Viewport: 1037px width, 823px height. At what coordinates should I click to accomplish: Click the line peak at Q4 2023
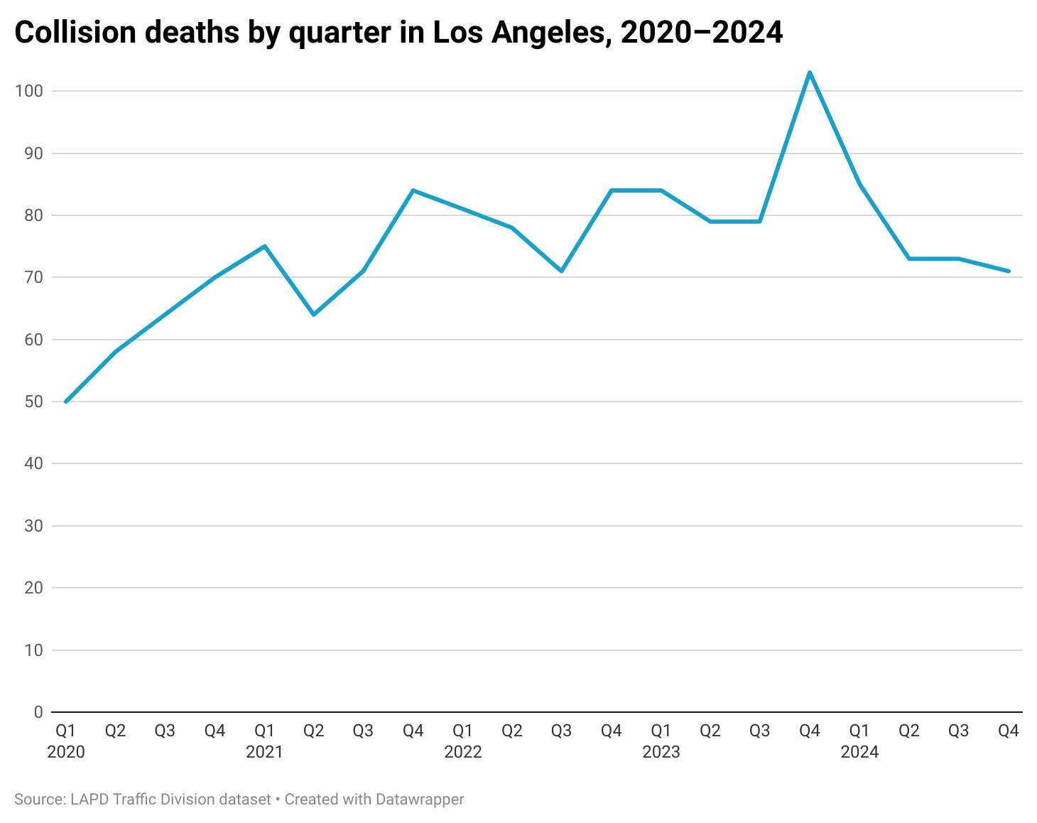[810, 72]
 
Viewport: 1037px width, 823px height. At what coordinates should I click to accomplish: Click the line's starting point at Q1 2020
[66, 402]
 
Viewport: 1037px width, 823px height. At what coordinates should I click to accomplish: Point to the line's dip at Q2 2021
[314, 314]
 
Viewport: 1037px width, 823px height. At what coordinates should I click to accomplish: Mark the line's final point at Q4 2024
[1009, 271]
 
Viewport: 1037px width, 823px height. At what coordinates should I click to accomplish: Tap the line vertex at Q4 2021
[413, 190]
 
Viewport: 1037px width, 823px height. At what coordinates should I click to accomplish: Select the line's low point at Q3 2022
[562, 271]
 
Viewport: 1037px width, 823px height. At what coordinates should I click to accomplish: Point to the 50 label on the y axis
[33, 402]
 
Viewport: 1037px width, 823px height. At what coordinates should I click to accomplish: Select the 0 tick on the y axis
[38, 712]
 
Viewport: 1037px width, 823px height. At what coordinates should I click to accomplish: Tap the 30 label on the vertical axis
[33, 526]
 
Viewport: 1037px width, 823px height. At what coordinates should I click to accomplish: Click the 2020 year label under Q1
[66, 752]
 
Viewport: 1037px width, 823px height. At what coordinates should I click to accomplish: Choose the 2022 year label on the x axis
[463, 752]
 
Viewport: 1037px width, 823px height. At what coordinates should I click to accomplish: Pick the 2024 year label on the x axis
[859, 752]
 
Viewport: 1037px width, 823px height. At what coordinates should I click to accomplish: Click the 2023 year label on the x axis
[661, 752]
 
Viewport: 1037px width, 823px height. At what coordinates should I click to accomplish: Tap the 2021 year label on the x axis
[264, 752]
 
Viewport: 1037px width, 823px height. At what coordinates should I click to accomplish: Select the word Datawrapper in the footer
[419, 800]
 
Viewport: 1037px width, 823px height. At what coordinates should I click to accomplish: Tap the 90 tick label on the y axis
[33, 154]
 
